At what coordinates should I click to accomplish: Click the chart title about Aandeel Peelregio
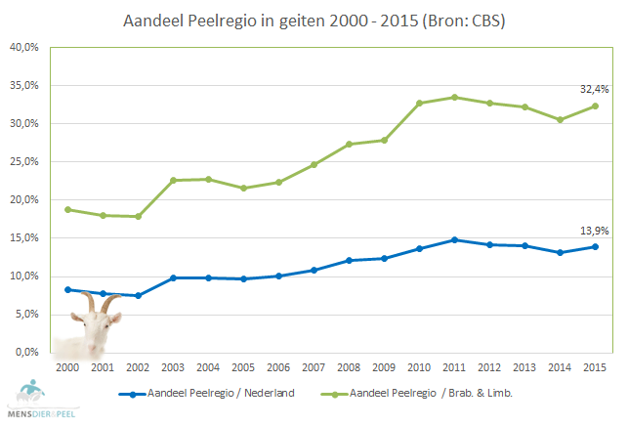pyautogui.click(x=314, y=20)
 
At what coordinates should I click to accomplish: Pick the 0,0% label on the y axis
pyautogui.click(x=26, y=352)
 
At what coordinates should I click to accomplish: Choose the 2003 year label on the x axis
pyautogui.click(x=173, y=366)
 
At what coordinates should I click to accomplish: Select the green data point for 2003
pyautogui.click(x=173, y=180)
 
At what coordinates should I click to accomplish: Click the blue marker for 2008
pyautogui.click(x=350, y=261)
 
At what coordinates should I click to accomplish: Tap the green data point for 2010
pyautogui.click(x=420, y=103)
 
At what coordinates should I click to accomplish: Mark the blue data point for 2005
pyautogui.click(x=243, y=278)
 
